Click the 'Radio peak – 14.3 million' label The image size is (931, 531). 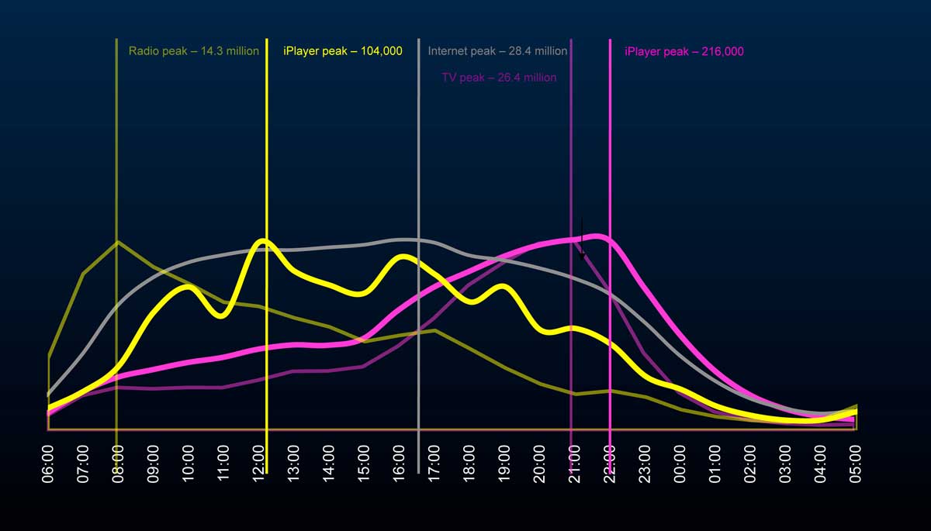coord(193,51)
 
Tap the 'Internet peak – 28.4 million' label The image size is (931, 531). coord(497,51)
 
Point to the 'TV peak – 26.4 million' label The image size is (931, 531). coord(499,78)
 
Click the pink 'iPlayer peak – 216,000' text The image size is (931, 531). coord(684,52)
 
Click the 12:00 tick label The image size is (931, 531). coord(259,464)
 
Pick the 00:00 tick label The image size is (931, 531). coord(680,464)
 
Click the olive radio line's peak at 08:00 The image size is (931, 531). coord(117,242)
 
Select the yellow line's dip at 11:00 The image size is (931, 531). coord(221,315)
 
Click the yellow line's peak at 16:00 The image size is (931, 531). coord(402,257)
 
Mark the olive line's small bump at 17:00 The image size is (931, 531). coord(435,330)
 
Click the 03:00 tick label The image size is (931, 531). coord(785,464)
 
